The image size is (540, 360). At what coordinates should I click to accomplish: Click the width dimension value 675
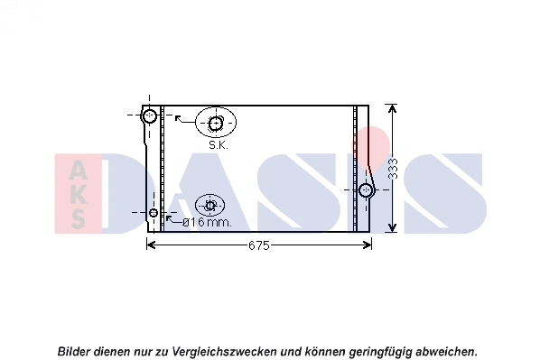pos(259,245)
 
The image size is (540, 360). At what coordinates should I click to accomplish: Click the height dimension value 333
pos(394,169)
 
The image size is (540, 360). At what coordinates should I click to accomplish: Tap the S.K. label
pos(219,144)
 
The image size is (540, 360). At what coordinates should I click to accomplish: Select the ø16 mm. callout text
pos(207,222)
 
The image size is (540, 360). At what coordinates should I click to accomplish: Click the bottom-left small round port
pos(154,213)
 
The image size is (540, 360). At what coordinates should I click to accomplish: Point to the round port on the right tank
pos(366,190)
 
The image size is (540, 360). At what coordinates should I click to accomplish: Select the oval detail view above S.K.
pos(216,123)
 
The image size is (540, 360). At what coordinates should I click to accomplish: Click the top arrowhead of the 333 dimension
pos(392,109)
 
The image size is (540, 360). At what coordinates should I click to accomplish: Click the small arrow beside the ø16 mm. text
pos(171,218)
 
